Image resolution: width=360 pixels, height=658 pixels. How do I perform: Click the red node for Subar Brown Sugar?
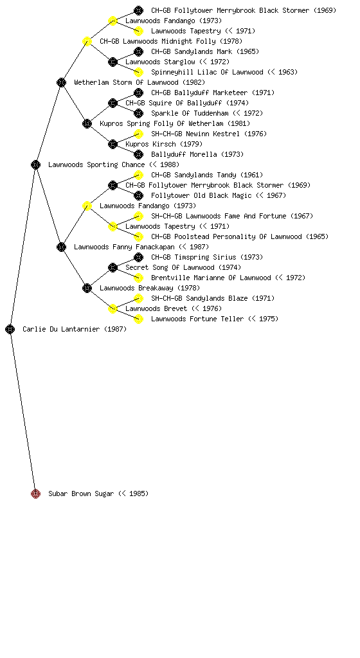35,493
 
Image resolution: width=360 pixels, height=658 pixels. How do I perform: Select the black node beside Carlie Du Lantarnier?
10,329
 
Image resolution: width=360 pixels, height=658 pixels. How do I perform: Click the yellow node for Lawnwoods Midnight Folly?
87,41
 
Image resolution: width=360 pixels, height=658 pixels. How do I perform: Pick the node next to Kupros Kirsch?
113,144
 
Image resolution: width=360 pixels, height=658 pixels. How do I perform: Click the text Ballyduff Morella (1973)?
197,154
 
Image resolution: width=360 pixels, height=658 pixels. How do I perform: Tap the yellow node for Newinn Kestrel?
138,134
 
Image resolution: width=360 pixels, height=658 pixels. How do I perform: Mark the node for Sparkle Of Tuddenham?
138,113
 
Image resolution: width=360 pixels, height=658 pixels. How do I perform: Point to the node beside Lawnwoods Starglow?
113,62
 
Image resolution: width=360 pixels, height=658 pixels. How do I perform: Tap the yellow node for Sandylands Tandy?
138,175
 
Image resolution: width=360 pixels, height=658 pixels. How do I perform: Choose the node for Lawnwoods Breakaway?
87,288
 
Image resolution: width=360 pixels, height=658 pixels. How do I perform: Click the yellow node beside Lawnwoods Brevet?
113,308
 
